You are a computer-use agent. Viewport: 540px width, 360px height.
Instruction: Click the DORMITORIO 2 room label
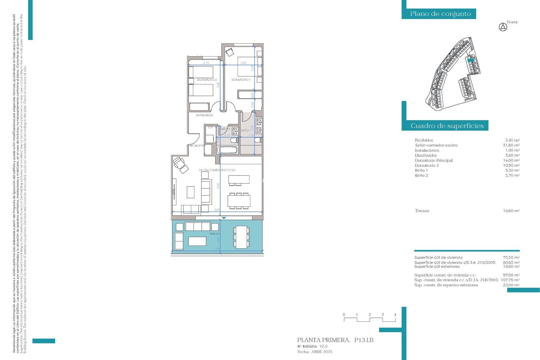click(x=207, y=80)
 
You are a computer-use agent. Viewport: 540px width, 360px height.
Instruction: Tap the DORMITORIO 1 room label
click(x=241, y=80)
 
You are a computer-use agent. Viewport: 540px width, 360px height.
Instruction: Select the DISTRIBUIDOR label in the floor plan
click(x=204, y=115)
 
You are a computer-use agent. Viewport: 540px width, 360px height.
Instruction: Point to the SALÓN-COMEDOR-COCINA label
click(x=217, y=170)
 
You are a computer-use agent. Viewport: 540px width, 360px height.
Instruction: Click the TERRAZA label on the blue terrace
click(x=215, y=234)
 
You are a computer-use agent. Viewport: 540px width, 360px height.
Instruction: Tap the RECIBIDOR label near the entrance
click(x=196, y=146)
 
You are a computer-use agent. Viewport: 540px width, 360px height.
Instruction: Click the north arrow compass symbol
click(x=503, y=27)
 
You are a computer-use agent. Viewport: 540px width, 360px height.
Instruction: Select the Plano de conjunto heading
click(x=440, y=14)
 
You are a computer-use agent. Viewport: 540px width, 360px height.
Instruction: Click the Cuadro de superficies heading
click(x=447, y=126)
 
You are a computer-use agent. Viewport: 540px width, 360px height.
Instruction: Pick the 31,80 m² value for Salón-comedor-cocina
click(x=511, y=145)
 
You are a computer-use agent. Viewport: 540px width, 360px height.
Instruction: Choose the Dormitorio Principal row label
click(x=433, y=160)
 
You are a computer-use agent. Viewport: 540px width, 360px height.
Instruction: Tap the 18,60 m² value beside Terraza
click(x=511, y=211)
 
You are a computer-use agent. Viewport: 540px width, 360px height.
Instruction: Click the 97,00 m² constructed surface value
click(x=511, y=275)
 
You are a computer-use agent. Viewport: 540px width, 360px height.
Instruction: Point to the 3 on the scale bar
click(x=382, y=314)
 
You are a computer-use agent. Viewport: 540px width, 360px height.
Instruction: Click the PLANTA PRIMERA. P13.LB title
click(x=335, y=340)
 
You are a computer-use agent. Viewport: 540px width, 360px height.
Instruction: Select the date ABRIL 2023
click(x=321, y=352)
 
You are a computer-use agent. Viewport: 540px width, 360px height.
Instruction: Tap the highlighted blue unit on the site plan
click(x=471, y=60)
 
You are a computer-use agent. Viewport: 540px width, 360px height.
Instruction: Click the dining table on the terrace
click(x=241, y=237)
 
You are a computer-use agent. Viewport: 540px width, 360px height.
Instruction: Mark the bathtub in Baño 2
click(x=228, y=150)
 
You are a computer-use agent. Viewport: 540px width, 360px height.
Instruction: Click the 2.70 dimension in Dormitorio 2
click(x=206, y=63)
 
